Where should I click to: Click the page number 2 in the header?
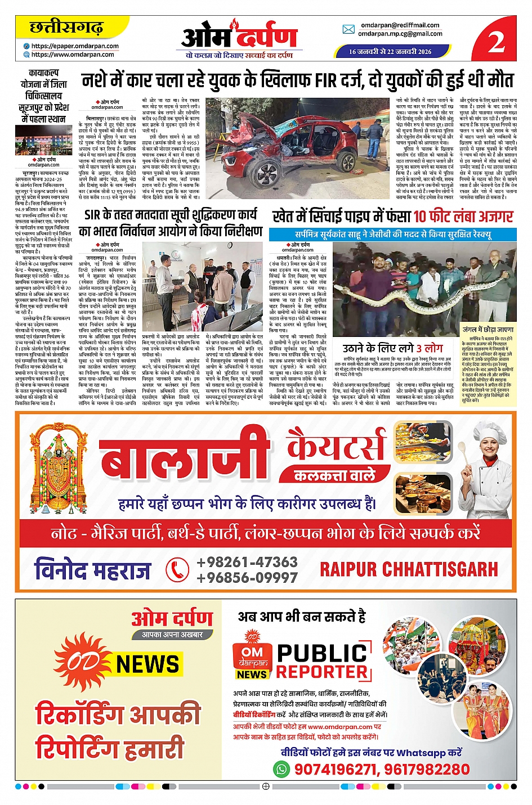(x=496, y=41)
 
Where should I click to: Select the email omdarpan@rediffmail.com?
(x=400, y=25)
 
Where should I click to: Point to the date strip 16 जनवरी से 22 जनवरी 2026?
(x=390, y=51)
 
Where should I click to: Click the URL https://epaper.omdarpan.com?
(x=75, y=46)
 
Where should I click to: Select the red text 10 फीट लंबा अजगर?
(x=463, y=217)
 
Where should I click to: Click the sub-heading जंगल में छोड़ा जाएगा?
(x=488, y=329)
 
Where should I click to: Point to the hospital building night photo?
(x=43, y=141)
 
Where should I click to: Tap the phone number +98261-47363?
(x=247, y=562)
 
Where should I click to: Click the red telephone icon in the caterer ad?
(x=177, y=570)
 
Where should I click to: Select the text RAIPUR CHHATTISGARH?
(x=409, y=569)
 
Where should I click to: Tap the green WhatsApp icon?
(x=281, y=768)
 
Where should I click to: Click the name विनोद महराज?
(x=92, y=570)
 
